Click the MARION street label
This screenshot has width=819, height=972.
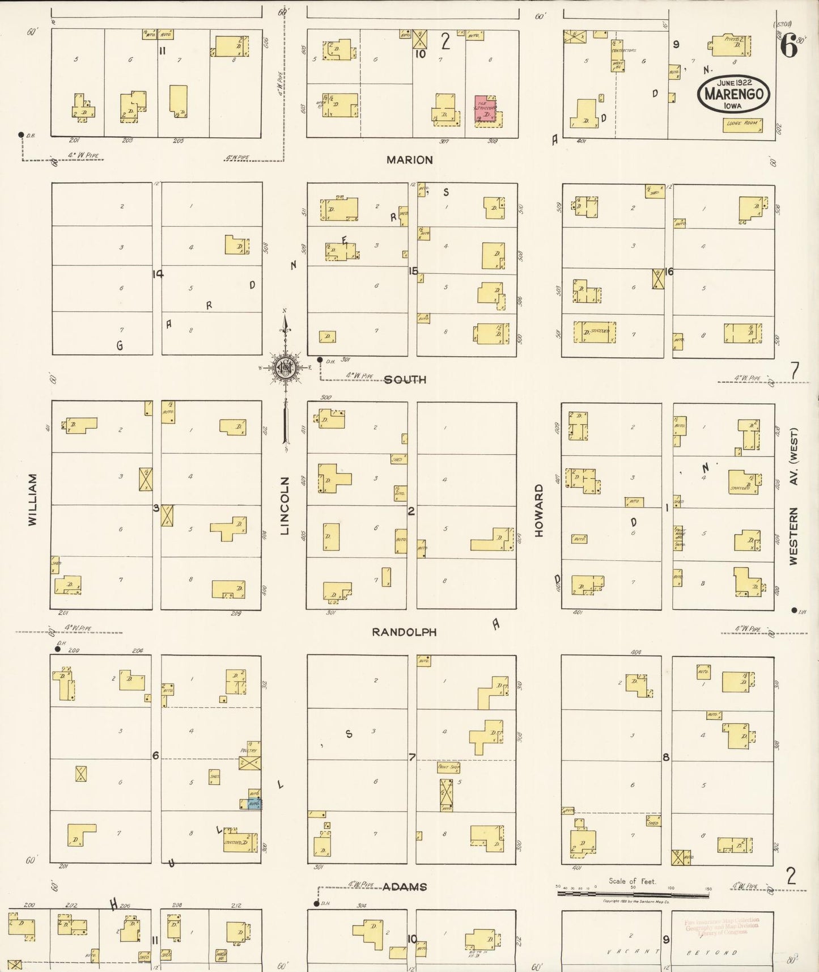click(x=409, y=160)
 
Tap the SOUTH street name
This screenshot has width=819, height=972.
click(x=405, y=379)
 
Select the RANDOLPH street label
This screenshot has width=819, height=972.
click(x=404, y=632)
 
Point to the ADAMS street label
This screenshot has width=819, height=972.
click(x=404, y=887)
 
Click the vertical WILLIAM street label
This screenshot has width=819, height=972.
click(x=32, y=500)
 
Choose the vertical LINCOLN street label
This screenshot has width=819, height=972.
click(x=285, y=505)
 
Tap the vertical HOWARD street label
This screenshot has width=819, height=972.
click(x=538, y=510)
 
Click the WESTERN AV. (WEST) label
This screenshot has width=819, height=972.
click(x=793, y=496)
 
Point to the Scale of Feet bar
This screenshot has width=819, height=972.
click(x=633, y=894)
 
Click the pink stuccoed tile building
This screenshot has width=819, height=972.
click(x=485, y=108)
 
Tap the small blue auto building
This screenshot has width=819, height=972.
click(x=254, y=804)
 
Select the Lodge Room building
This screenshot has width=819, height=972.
click(x=742, y=125)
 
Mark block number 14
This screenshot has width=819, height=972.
click(x=158, y=274)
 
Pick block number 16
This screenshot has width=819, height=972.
click(x=669, y=272)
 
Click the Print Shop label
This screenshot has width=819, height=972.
click(x=448, y=767)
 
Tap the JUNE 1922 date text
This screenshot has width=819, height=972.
click(x=734, y=83)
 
